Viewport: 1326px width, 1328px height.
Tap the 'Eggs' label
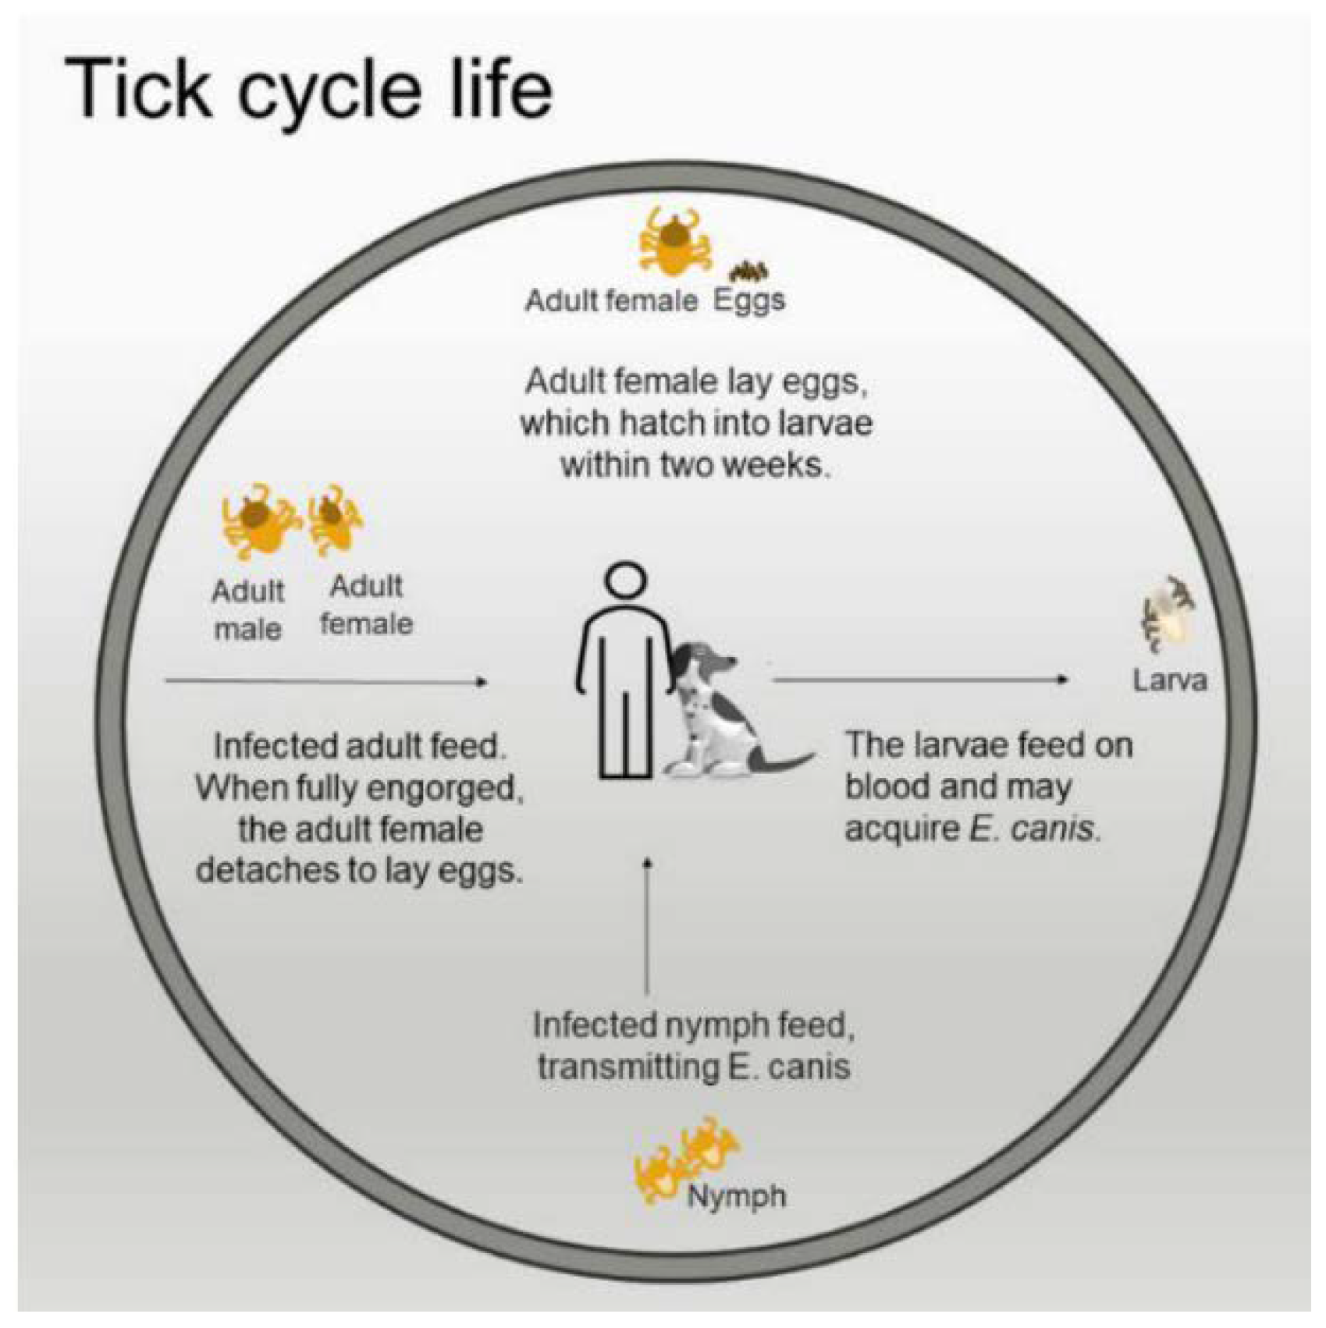748,300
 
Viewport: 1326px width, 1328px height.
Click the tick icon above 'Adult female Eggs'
673,241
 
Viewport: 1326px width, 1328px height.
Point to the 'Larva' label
1169,680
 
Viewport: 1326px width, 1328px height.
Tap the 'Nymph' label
736,1195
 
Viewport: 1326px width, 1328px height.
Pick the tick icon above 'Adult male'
258,521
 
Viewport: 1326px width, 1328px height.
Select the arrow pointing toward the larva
921,680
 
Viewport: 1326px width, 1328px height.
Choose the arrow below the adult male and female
326,681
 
